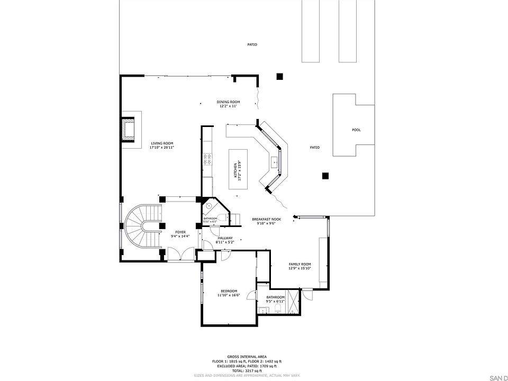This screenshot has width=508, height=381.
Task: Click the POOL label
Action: (356, 130)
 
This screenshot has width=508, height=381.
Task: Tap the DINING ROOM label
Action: (228, 102)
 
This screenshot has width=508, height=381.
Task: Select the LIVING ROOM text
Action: (162, 143)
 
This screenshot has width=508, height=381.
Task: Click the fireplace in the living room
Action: (128, 130)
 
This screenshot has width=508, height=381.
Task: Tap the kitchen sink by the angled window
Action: (275, 161)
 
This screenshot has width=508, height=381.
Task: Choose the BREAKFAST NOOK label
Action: (266, 219)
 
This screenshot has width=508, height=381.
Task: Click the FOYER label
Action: (180, 232)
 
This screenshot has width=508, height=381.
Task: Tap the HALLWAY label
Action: (225, 238)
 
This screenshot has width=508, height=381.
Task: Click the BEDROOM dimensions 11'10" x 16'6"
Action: (229, 295)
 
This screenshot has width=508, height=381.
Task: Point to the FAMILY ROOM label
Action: (300, 264)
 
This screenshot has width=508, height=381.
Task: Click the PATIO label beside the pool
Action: (314, 148)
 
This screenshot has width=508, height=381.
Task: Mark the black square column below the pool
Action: (325, 176)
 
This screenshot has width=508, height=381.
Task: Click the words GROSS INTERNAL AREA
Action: (247, 357)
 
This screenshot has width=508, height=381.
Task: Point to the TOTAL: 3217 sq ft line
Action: (247, 370)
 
